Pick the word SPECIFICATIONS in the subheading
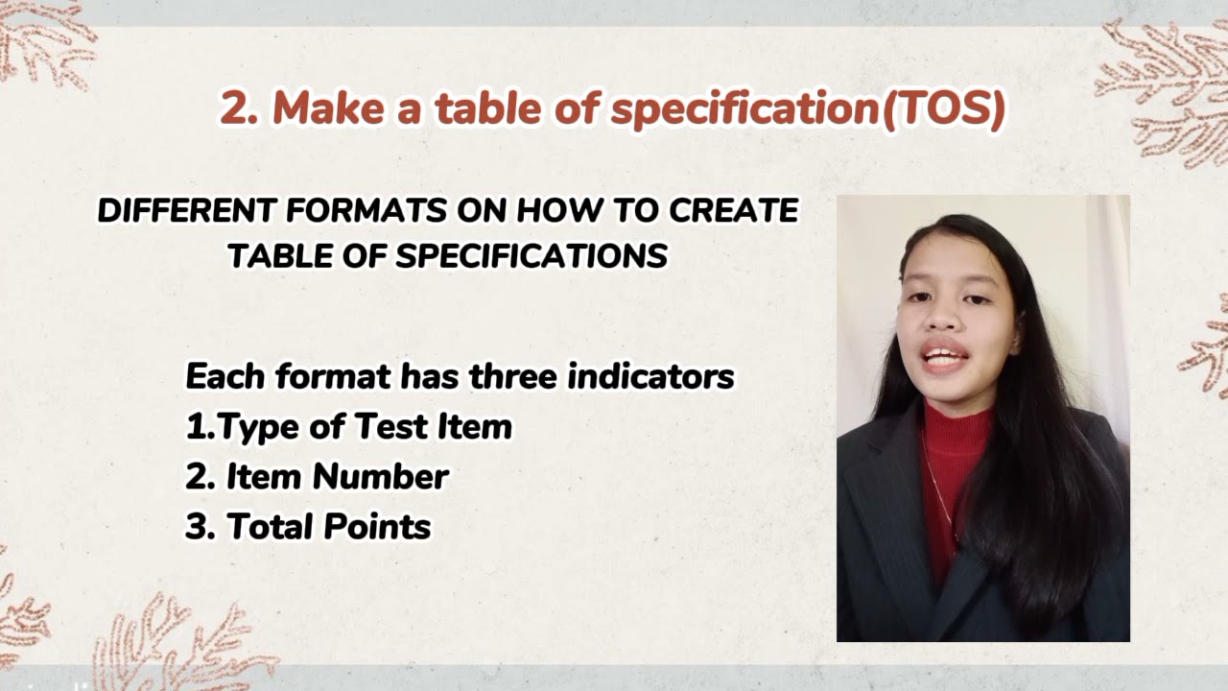531,256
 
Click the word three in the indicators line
512,376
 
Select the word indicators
650,376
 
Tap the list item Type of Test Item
349,427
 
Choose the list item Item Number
318,477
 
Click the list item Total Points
308,527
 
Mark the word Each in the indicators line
225,376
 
